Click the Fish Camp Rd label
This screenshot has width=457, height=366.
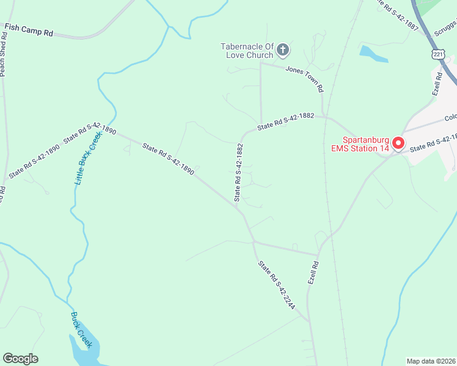29,29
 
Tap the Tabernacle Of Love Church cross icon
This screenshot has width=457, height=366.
283,49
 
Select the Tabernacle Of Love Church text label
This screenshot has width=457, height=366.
247,51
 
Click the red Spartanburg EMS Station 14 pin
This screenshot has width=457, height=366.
398,143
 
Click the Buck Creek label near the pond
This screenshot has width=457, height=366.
81,330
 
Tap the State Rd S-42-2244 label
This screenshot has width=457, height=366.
277,285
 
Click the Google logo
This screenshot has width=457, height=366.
21,359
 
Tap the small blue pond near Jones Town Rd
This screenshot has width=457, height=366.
373,55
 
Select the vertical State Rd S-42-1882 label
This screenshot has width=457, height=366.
238,173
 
